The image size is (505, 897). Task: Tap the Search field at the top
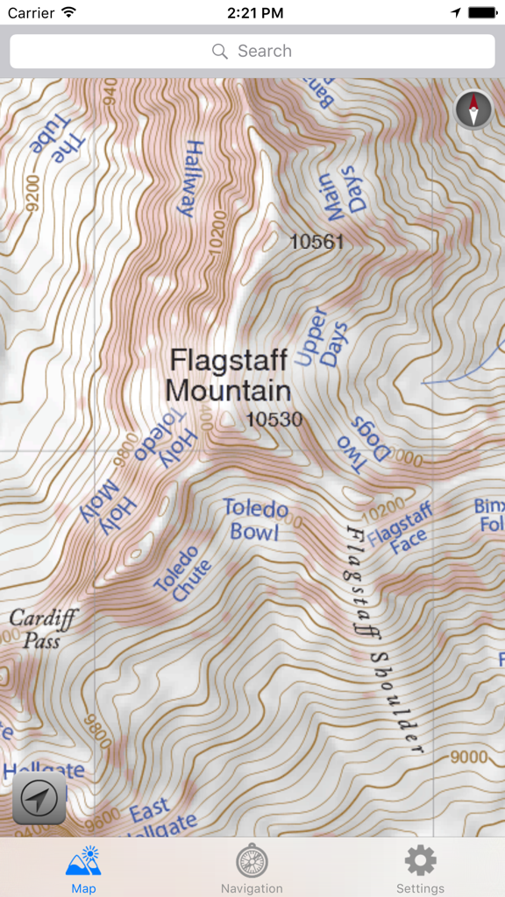[x=252, y=52]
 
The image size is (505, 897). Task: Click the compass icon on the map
[x=473, y=110]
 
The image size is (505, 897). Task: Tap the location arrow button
[x=39, y=798]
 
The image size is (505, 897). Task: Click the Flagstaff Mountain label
[x=228, y=375]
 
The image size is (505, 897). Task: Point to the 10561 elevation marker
[x=317, y=242]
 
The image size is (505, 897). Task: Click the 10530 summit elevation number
[x=274, y=420]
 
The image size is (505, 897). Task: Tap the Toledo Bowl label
[x=255, y=519]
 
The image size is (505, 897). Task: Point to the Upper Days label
[x=321, y=337]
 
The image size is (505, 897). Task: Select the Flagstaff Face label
[x=401, y=526]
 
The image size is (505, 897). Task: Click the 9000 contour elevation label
[x=468, y=756]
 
